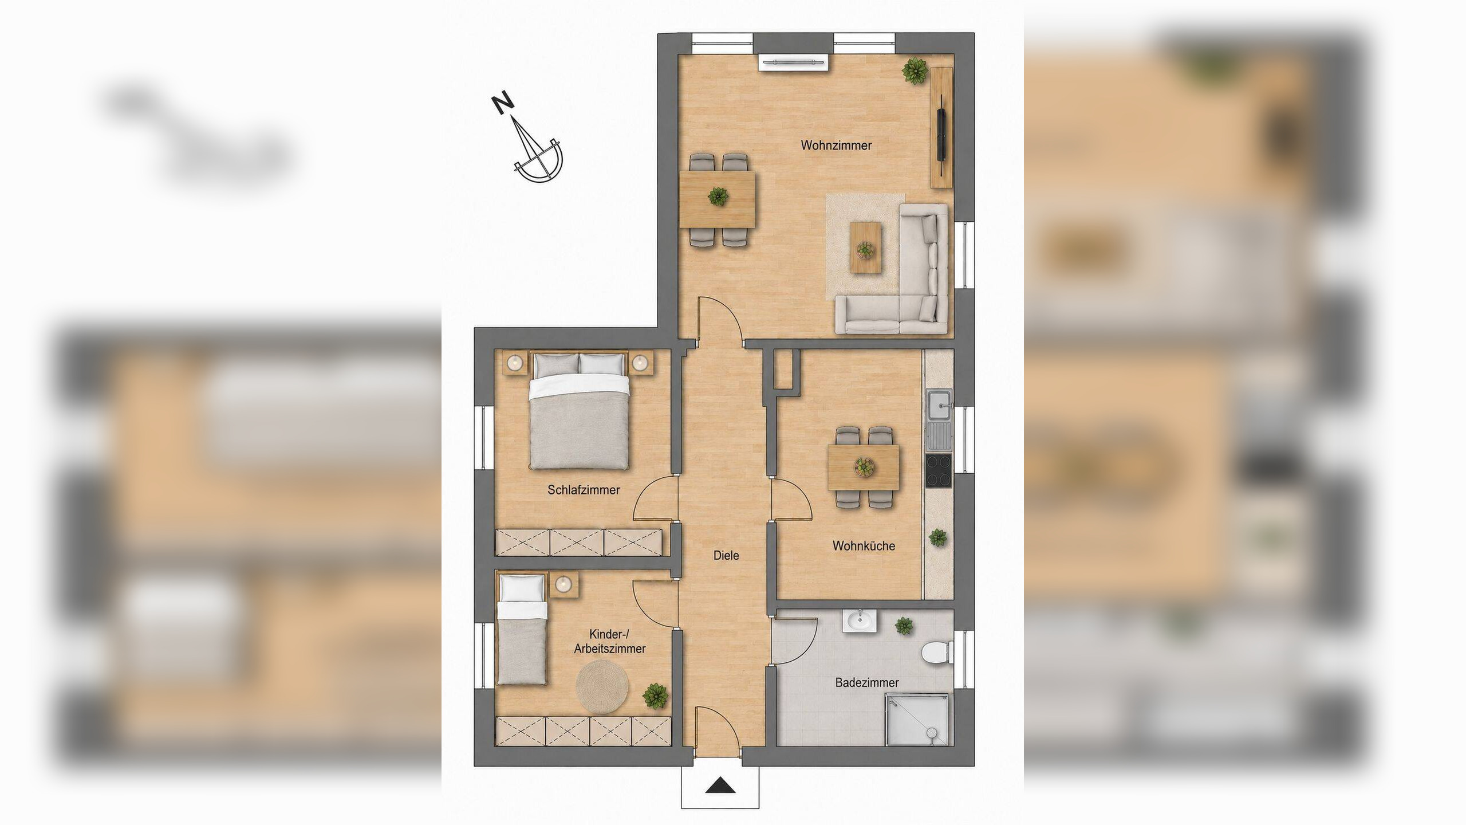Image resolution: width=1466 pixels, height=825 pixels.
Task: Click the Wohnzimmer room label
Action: pyautogui.click(x=836, y=146)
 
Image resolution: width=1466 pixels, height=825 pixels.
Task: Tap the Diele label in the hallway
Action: pyautogui.click(x=726, y=555)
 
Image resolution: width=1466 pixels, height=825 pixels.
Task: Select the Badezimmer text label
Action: pyautogui.click(x=867, y=682)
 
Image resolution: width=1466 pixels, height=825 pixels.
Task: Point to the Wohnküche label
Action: pyautogui.click(x=864, y=546)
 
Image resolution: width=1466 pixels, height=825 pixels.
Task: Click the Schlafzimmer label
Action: pyautogui.click(x=584, y=490)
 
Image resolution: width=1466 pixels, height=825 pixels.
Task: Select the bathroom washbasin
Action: pyautogui.click(x=859, y=621)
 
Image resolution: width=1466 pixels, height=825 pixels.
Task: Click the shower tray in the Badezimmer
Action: pyautogui.click(x=918, y=728)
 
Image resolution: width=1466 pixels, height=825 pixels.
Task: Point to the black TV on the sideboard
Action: pyautogui.click(x=941, y=135)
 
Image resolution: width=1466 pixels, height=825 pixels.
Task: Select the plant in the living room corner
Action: pyautogui.click(x=915, y=71)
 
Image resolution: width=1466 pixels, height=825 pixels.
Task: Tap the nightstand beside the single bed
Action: pyautogui.click(x=564, y=584)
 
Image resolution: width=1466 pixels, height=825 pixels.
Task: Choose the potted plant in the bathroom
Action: pyautogui.click(x=904, y=626)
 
